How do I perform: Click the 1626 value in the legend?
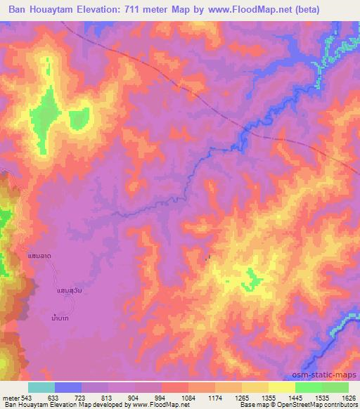click(x=349, y=397)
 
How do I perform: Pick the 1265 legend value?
click(x=242, y=397)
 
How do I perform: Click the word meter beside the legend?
click(x=11, y=397)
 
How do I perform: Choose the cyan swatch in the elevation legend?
click(x=41, y=387)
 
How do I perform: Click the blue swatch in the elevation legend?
click(x=68, y=387)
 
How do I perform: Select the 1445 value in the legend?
click(x=295, y=397)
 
